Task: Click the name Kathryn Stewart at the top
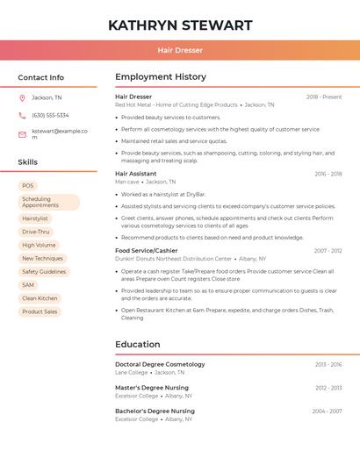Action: click(x=180, y=25)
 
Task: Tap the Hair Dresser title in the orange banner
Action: click(x=180, y=50)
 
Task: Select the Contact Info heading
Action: click(x=41, y=77)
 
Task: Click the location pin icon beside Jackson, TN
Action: click(x=22, y=97)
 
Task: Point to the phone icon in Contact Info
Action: click(x=22, y=115)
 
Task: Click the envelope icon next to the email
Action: click(x=22, y=134)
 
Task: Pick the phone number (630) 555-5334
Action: click(x=50, y=115)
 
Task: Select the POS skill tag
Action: click(x=28, y=186)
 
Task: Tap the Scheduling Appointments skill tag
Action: click(x=48, y=202)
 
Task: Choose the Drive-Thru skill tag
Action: click(x=36, y=232)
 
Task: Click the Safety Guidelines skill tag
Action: click(x=44, y=272)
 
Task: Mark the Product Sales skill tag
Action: click(x=40, y=311)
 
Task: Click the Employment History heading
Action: click(x=161, y=77)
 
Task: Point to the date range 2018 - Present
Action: click(x=324, y=97)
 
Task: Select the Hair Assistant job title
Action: click(x=136, y=174)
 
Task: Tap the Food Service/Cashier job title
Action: click(x=147, y=251)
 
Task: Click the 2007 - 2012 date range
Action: click(x=328, y=251)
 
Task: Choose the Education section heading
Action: click(x=138, y=345)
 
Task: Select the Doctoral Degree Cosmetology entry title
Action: click(x=160, y=364)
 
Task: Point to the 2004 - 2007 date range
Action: click(x=328, y=411)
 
